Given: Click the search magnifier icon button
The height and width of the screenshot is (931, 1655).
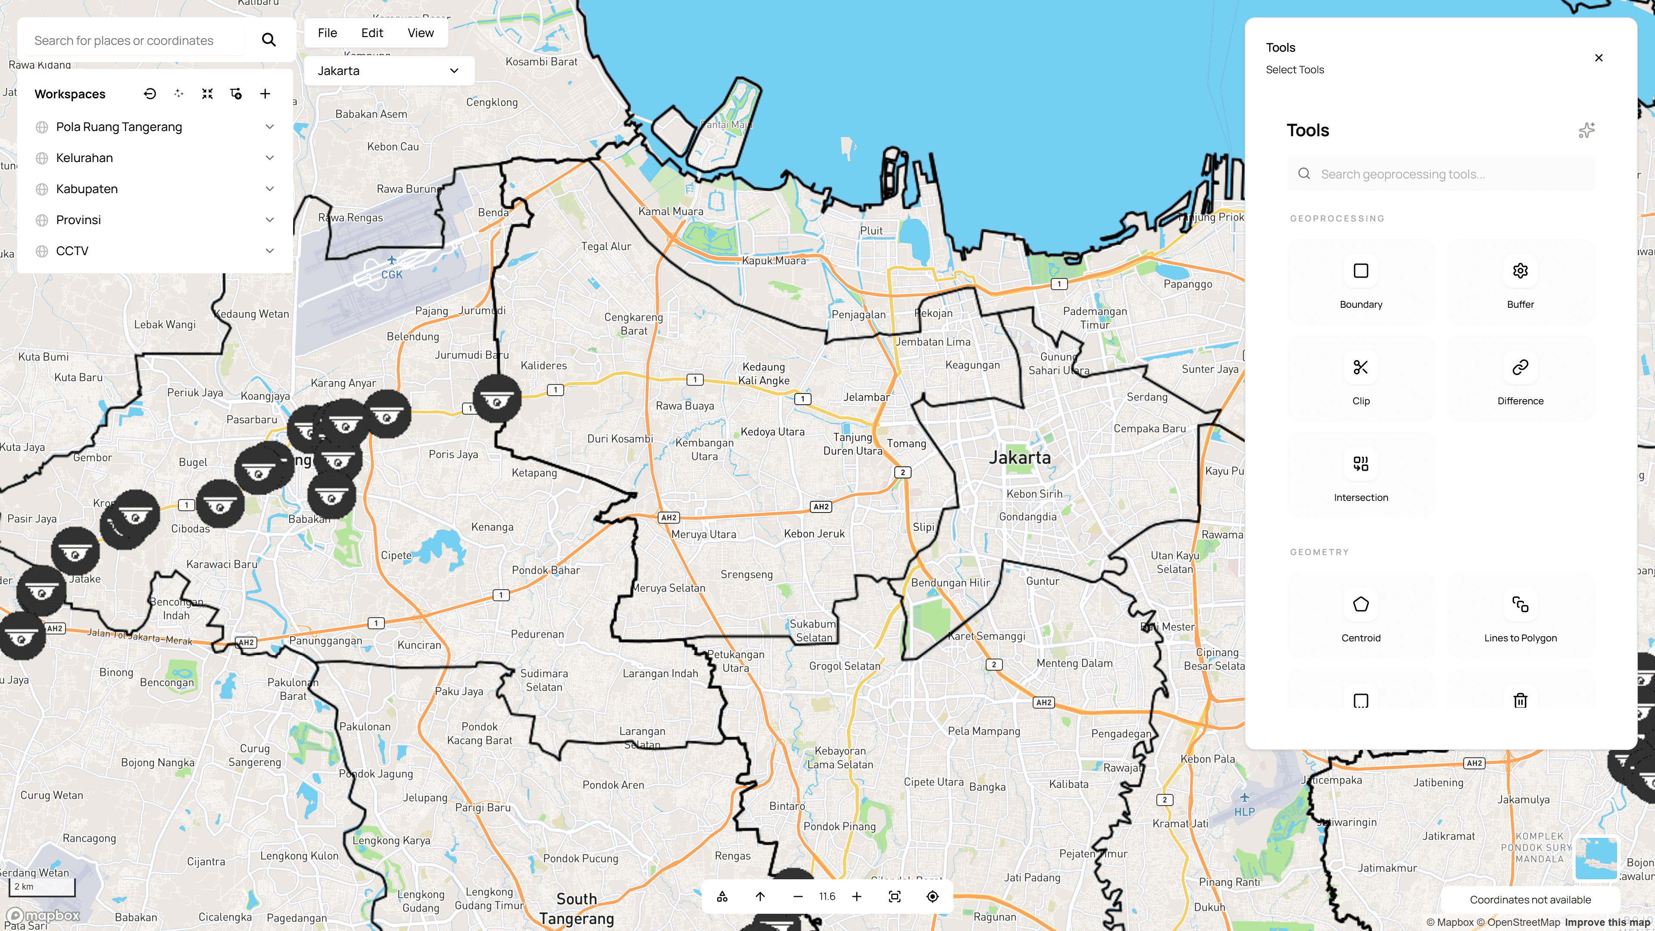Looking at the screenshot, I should coord(269,40).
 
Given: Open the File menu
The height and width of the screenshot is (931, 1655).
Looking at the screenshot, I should coord(327,33).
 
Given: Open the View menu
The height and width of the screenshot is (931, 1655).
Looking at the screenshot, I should coord(420,33).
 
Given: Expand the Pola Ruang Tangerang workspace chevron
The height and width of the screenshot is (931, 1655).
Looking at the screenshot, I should coord(270,127).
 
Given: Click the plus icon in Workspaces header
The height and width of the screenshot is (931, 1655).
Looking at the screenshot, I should coord(265,94).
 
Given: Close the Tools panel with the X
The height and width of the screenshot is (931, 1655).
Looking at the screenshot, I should coord(1599,58).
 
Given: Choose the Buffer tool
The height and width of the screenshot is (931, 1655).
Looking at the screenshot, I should coord(1520,282).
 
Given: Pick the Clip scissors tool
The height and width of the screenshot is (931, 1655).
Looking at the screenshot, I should coord(1361,378).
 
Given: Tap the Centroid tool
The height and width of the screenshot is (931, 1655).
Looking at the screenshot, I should coord(1361,615).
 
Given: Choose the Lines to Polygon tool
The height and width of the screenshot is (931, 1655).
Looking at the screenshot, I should coord(1520,615).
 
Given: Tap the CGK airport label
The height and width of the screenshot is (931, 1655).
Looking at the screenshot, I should coord(391,275).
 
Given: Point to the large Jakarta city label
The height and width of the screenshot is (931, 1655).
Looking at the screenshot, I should coord(1020,457).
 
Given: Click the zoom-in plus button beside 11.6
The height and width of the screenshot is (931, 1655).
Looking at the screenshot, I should coord(856,897).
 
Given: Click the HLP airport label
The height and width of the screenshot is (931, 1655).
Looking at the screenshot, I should coord(1244,812).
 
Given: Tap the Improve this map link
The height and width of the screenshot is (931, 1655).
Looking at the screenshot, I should coord(1608,922).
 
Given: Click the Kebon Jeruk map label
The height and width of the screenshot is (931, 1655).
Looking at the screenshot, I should coord(814,533).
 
